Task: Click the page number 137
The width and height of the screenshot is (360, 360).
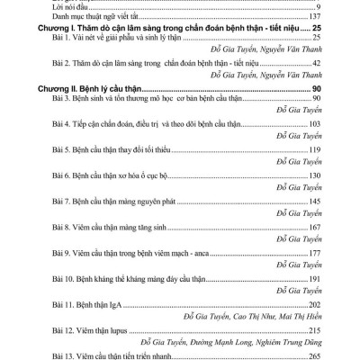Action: coord(314,17)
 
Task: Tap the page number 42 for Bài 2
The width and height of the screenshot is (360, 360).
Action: coord(317,64)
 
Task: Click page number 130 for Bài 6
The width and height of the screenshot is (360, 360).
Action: coord(314,175)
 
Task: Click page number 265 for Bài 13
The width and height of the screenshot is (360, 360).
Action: coord(314,355)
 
